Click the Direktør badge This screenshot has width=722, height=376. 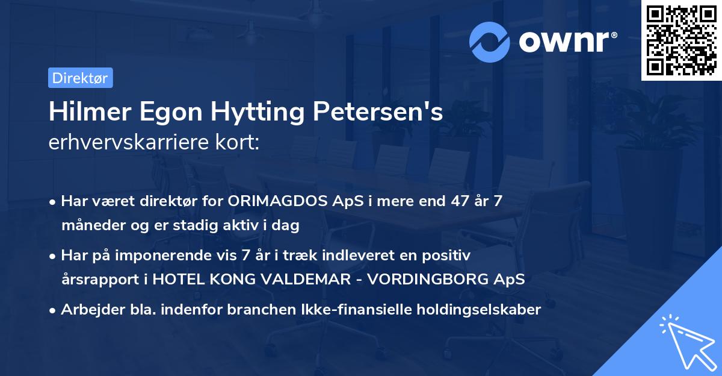(x=80, y=78)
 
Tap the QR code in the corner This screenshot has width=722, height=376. (x=681, y=40)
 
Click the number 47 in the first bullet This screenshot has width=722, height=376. (x=451, y=201)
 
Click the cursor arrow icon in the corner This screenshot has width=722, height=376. (x=686, y=341)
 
